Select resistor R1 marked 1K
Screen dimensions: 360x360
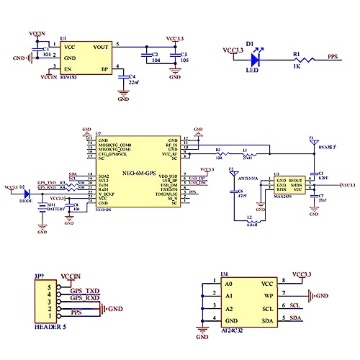tap(296, 58)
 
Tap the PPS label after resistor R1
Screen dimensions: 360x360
tap(333, 55)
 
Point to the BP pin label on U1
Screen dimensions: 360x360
tap(104, 69)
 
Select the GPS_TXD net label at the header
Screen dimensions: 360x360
tap(84, 290)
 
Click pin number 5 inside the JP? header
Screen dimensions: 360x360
tap(49, 287)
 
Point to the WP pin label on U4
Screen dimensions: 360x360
tap(267, 294)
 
